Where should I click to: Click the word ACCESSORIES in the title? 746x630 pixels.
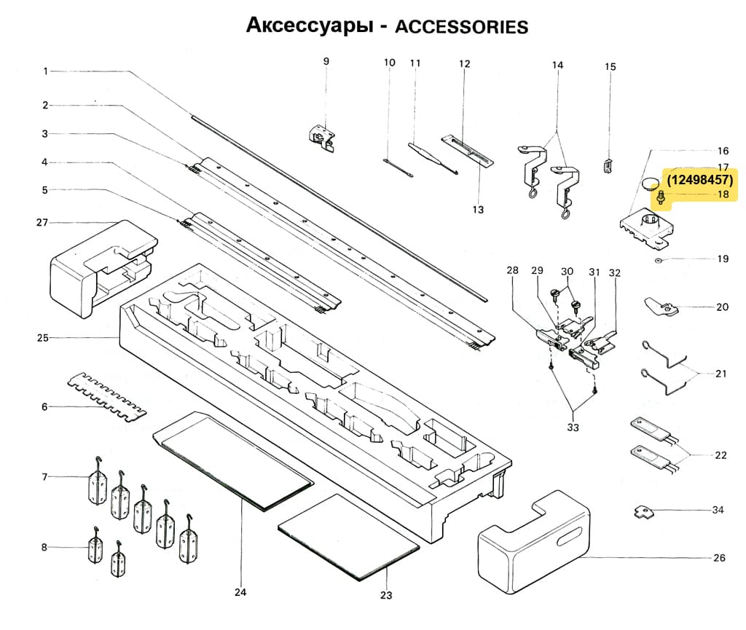[x=460, y=27]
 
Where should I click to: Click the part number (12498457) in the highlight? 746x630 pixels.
[x=700, y=179]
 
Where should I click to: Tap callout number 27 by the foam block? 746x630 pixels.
[x=42, y=223]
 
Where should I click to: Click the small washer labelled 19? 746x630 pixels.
[x=658, y=259]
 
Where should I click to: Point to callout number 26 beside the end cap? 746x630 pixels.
[x=719, y=559]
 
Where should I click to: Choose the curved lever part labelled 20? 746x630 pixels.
[x=660, y=307]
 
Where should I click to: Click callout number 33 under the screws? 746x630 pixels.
[x=573, y=428]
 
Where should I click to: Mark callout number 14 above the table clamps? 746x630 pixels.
[x=557, y=65]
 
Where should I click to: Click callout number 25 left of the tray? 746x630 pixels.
[x=42, y=338]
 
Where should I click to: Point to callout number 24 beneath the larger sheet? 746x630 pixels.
[x=240, y=592]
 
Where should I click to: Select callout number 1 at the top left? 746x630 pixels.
[x=45, y=71]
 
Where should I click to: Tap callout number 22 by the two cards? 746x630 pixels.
[x=721, y=455]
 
